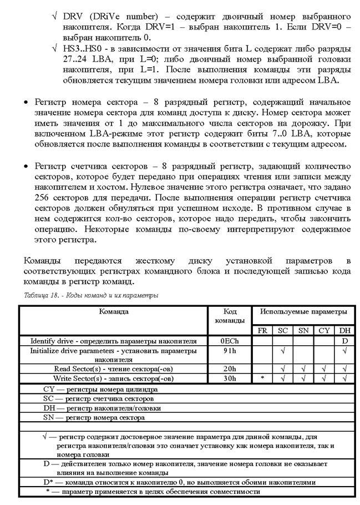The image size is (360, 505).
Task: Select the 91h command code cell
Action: coord(229,351)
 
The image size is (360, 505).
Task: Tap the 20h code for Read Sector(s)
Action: coord(229,368)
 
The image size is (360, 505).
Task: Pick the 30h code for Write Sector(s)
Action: coord(229,378)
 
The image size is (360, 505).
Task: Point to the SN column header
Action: coord(303,331)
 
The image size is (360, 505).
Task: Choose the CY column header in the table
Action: coord(324,331)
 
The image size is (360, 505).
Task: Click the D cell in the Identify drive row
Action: coord(344,341)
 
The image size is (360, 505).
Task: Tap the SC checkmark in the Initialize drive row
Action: coord(283,351)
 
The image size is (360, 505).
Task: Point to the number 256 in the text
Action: coord(42,198)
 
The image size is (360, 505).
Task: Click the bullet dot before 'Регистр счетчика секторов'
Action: coord(26,166)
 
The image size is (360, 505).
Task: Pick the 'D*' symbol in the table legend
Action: coord(49,482)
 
